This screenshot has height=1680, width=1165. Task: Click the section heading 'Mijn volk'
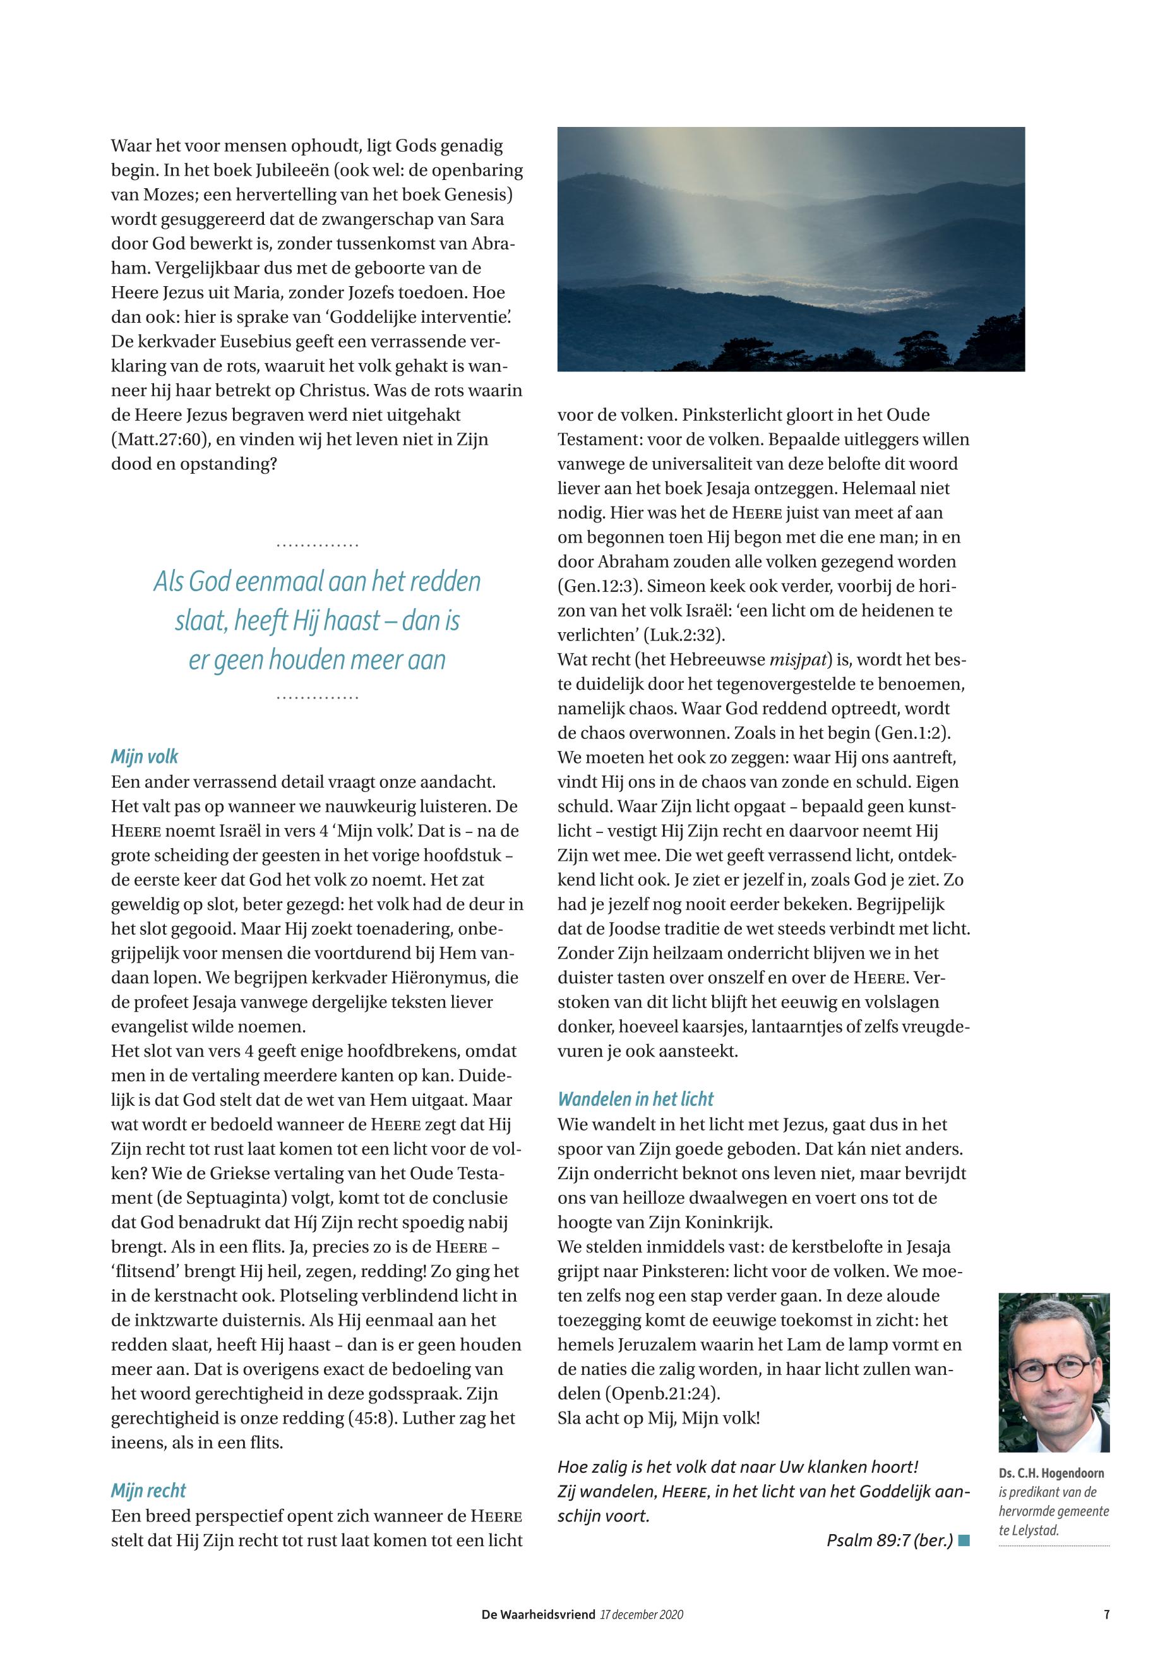145,757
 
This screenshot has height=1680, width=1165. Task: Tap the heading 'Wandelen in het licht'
635,1099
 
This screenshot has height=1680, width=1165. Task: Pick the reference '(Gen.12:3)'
599,586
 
